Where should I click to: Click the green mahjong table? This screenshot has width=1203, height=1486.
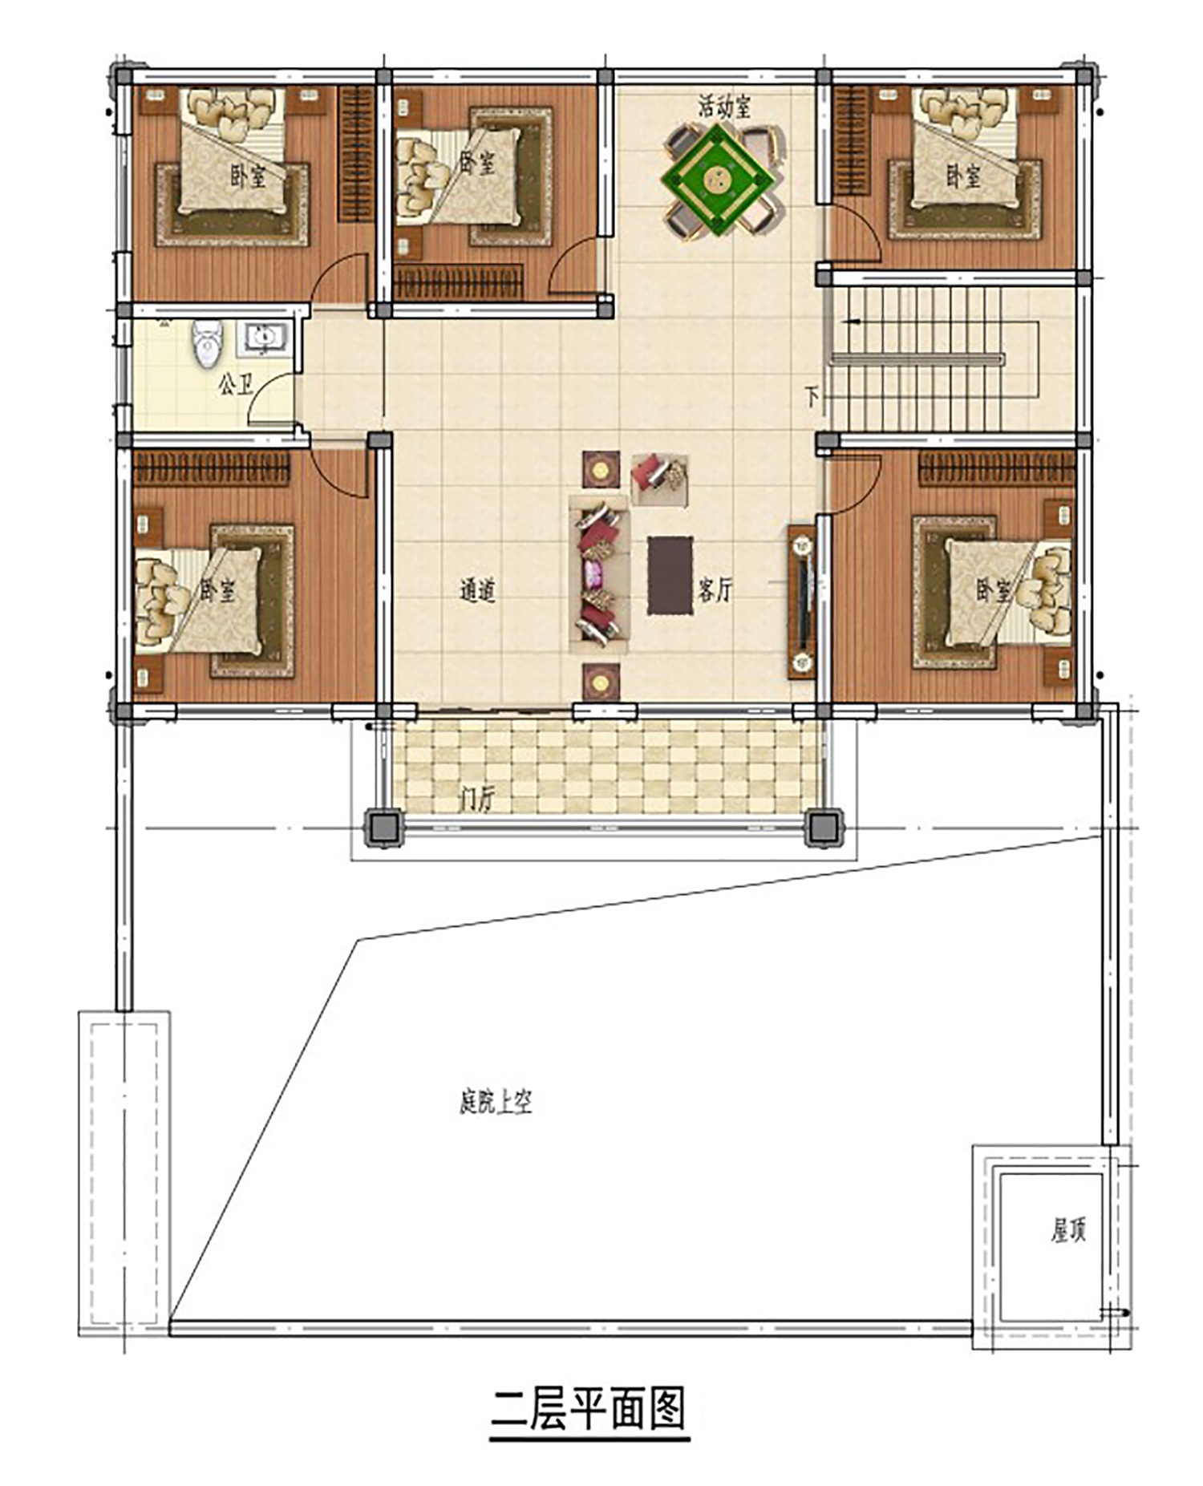[718, 179]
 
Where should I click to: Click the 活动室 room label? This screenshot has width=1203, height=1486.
[723, 107]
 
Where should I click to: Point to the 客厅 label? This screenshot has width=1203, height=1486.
[715, 591]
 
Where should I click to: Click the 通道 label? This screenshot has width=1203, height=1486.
[478, 591]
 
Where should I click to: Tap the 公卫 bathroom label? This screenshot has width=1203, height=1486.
[235, 385]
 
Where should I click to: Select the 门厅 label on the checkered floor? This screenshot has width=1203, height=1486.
[478, 799]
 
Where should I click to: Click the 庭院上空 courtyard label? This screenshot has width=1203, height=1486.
[496, 1103]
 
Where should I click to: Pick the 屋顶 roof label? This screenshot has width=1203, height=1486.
[1068, 1230]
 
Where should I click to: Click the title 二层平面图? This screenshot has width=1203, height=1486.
[589, 1409]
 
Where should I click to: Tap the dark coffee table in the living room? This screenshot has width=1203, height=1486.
[670, 575]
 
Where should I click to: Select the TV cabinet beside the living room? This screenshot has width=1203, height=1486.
[801, 601]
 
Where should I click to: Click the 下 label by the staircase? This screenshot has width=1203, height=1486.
[812, 396]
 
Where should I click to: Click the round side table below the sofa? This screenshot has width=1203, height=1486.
[601, 682]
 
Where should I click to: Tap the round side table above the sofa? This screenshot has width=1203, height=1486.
[601, 469]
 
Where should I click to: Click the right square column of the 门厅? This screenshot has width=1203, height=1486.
[823, 828]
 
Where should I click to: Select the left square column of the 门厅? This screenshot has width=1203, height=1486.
[383, 828]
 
